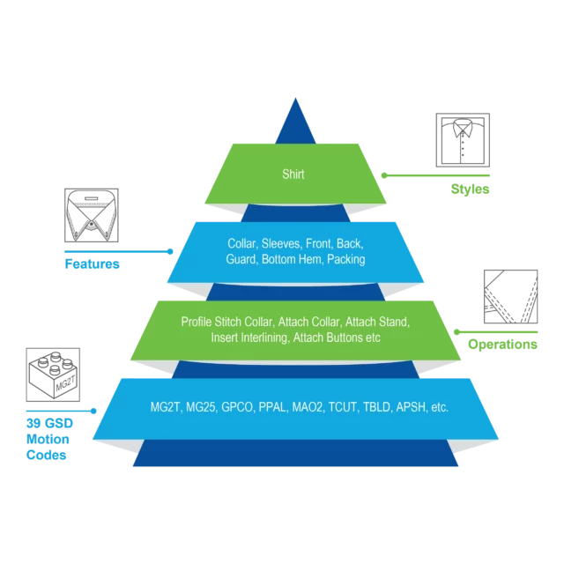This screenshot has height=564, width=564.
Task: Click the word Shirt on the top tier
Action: pyautogui.click(x=293, y=174)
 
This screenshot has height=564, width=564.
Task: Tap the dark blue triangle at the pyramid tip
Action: pyautogui.click(x=295, y=122)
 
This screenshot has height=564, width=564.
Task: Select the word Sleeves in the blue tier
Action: pyautogui.click(x=281, y=243)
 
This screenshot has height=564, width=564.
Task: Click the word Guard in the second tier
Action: pyautogui.click(x=241, y=259)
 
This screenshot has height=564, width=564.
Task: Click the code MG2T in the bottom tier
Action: pyautogui.click(x=167, y=407)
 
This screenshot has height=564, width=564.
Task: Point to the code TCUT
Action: pyautogui.click(x=345, y=407)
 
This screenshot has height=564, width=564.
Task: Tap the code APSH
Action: pyautogui.click(x=412, y=407)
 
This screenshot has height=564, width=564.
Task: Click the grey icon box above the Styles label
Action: pyautogui.click(x=462, y=139)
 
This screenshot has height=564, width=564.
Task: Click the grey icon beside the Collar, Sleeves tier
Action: pyautogui.click(x=91, y=215)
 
